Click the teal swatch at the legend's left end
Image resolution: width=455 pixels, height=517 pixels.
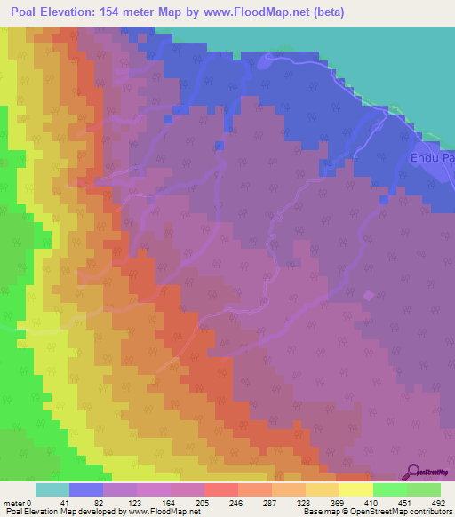pyautogui.click(x=52, y=489)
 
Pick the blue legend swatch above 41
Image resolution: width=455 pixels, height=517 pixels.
pyautogui.click(x=86, y=489)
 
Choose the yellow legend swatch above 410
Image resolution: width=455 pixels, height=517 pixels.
pyautogui.click(x=355, y=489)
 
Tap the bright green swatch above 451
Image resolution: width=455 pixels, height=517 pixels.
pyautogui.click(x=389, y=489)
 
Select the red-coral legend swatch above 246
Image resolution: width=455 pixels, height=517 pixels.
pyautogui.click(x=220, y=489)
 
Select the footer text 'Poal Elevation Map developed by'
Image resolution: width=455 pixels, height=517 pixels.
pyautogui.click(x=58, y=512)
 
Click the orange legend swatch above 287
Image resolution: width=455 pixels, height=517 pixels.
pyautogui.click(x=254, y=489)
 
